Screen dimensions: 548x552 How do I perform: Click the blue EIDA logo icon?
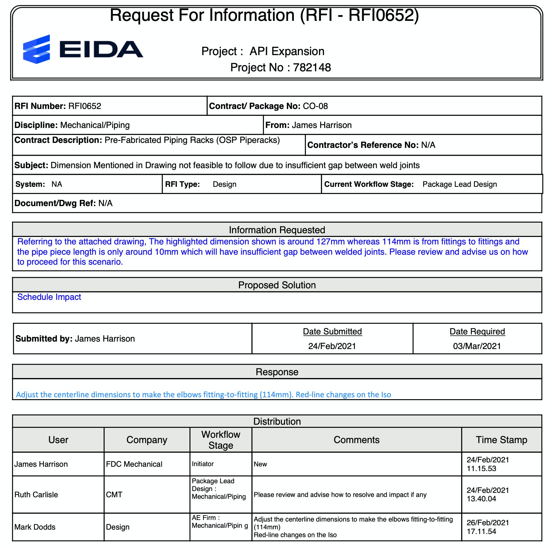coord(36,49)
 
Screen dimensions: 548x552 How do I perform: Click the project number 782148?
coord(312,68)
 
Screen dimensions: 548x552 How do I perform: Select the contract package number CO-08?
coord(315,106)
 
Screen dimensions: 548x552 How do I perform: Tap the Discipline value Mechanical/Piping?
coord(95,125)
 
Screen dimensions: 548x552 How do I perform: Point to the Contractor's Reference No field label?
coord(363,145)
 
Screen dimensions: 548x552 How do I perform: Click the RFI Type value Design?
coord(224,184)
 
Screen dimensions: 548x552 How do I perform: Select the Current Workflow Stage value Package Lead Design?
coord(459,184)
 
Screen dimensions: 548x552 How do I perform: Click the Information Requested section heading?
coord(277,230)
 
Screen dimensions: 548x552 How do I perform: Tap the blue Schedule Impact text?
coord(49,297)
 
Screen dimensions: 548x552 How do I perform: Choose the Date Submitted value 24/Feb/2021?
coord(332,346)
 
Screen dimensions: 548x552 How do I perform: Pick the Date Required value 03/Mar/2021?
coord(477,346)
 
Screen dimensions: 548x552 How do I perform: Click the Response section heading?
coord(277,372)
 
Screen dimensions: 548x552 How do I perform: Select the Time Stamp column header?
coord(501,440)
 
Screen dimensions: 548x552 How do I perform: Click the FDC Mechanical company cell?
coord(134,464)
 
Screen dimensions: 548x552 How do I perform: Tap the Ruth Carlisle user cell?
coord(36,495)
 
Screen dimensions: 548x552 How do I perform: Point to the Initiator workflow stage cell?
coord(203,464)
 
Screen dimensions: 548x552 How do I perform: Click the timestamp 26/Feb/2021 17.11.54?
coord(488,527)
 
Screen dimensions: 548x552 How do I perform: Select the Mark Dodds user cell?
coord(35,527)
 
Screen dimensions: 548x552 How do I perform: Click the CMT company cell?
coord(114,495)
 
